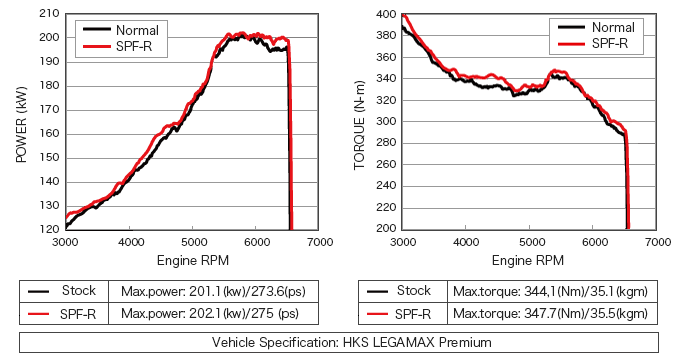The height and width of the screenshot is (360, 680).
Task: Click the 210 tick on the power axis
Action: point(49,13)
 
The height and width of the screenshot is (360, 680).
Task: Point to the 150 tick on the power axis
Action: point(49,157)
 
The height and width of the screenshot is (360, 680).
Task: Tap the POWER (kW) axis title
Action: point(21,124)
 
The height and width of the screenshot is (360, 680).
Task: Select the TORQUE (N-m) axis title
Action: point(360,125)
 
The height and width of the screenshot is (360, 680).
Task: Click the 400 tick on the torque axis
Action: point(386,14)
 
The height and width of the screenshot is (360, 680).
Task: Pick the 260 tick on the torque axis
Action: point(386,164)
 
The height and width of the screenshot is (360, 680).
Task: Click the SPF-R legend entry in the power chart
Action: point(117,46)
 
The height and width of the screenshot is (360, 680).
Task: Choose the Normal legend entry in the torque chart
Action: point(596,27)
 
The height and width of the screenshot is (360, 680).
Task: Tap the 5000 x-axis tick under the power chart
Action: point(193,242)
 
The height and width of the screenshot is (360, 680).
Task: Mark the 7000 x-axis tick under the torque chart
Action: point(657,242)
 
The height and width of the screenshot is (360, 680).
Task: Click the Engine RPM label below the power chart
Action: point(193,260)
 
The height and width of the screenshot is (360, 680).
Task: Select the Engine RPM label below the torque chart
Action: point(528,260)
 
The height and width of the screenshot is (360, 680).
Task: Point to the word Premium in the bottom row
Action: point(465,342)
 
